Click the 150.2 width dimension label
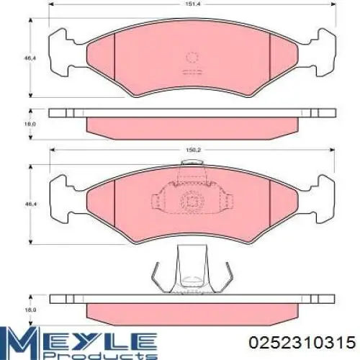pyautogui.click(x=193, y=150)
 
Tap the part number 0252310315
pyautogui.click(x=302, y=343)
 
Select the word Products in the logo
pyautogui.click(x=100, y=354)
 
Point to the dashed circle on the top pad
pyautogui.click(x=192, y=58)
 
